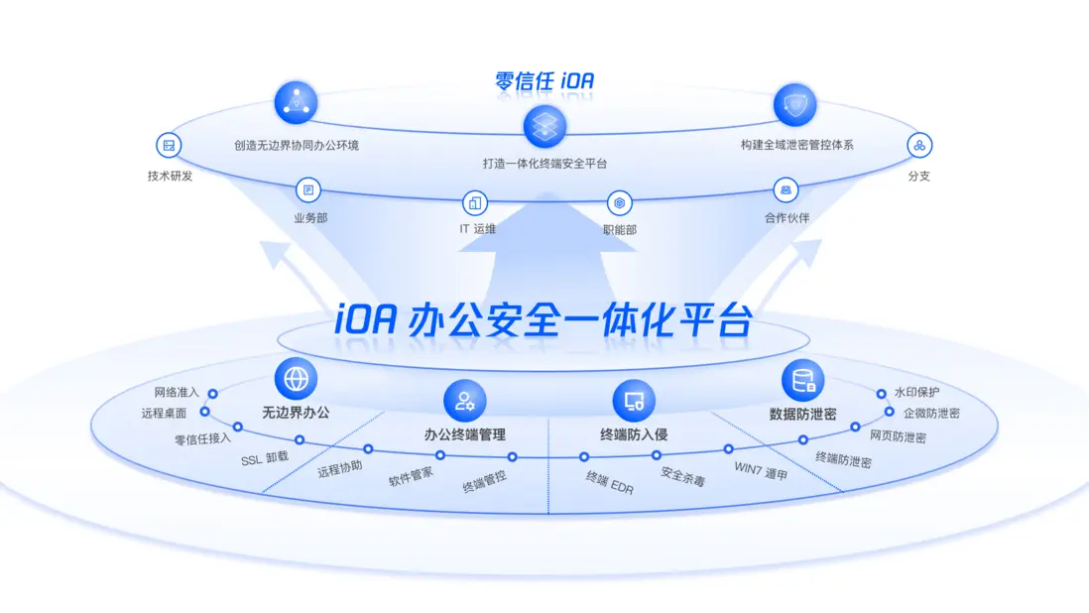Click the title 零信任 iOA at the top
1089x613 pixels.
(x=544, y=81)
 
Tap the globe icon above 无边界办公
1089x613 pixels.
(x=296, y=379)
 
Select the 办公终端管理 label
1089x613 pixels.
(x=464, y=434)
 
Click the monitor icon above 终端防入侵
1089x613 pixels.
(x=634, y=401)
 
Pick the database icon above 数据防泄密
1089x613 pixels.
(x=802, y=381)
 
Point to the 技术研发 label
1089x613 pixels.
(x=171, y=176)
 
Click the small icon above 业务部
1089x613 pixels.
(x=308, y=189)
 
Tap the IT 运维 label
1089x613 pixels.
(x=477, y=228)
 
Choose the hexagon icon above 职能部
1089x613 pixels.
(x=619, y=202)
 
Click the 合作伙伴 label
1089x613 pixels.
(x=786, y=218)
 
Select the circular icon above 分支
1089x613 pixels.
(x=919, y=146)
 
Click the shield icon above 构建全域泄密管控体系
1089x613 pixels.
(x=795, y=105)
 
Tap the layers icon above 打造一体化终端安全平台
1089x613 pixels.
(x=545, y=126)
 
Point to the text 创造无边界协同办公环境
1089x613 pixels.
(x=297, y=145)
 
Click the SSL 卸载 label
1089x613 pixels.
(x=265, y=458)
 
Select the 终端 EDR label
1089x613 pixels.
(x=610, y=483)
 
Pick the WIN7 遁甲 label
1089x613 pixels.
(x=761, y=471)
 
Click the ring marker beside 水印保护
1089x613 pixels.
(x=882, y=394)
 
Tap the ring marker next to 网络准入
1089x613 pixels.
(x=213, y=394)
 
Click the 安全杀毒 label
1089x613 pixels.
(x=682, y=477)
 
